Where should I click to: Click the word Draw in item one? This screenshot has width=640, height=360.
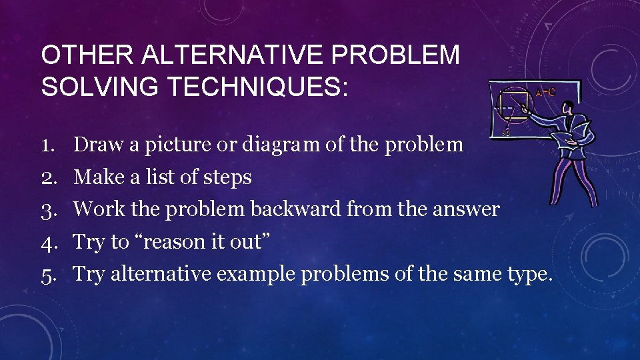click(95, 144)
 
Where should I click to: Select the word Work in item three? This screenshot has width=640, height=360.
click(95, 209)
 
